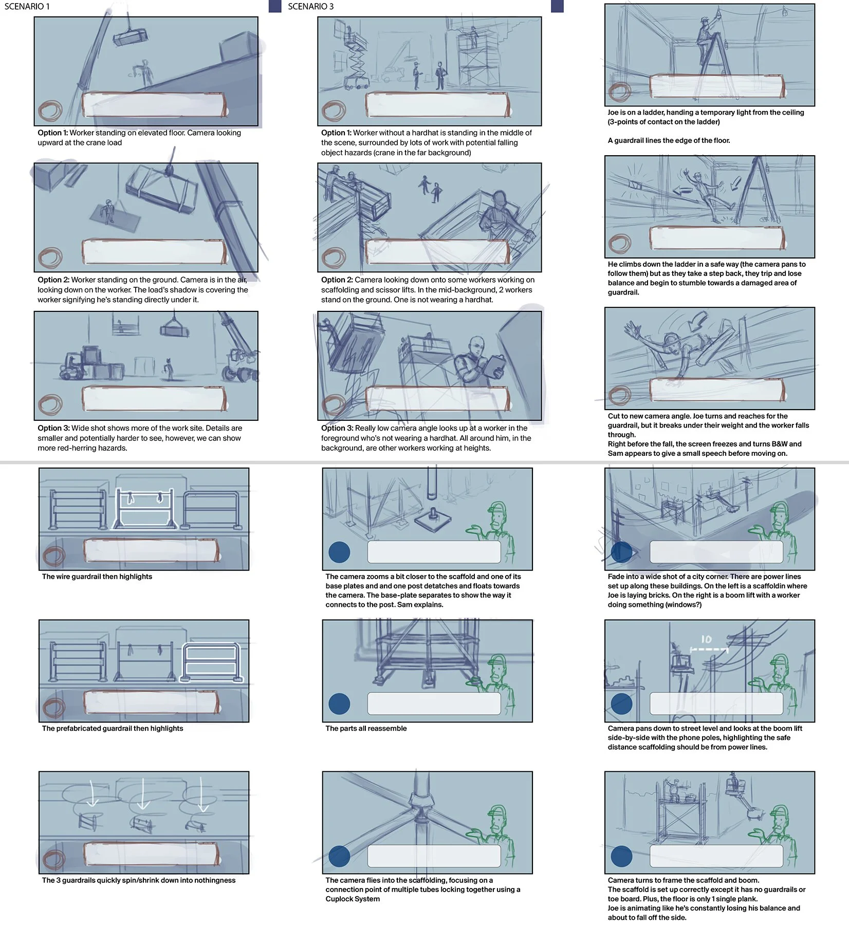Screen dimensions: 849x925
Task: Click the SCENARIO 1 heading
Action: point(27,7)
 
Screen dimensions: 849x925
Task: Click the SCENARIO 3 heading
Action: point(311,7)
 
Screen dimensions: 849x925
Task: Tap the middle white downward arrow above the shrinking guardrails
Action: point(143,794)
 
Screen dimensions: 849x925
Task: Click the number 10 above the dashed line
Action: point(707,639)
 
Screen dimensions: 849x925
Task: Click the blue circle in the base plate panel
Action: point(339,552)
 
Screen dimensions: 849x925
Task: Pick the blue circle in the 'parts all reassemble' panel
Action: point(339,704)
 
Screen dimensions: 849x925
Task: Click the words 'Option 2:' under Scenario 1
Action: point(53,280)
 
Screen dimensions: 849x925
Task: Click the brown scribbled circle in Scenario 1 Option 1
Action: point(50,110)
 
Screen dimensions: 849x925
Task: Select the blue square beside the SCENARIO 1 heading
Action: point(275,6)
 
